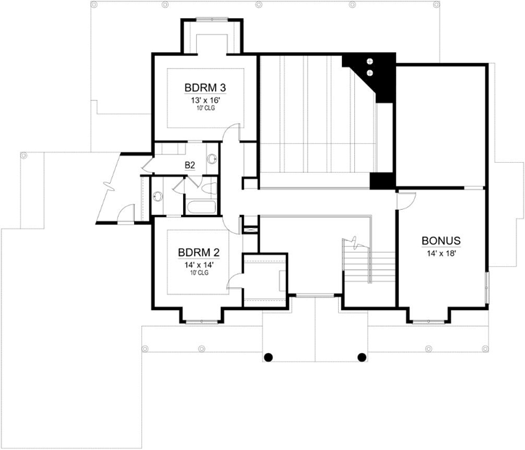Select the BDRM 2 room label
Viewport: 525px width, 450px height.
198,252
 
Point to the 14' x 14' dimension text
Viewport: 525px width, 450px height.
198,265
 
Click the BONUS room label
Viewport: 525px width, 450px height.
441,241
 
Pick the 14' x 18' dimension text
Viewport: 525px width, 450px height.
441,253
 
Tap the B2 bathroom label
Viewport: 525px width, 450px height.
190,166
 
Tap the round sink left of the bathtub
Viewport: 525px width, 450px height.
157,195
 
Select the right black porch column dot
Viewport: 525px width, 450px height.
362,356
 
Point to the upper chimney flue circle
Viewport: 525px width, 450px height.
371,62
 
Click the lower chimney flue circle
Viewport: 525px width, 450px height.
371,72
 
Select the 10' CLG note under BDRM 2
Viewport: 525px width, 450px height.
198,273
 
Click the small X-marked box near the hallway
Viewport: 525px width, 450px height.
250,230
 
